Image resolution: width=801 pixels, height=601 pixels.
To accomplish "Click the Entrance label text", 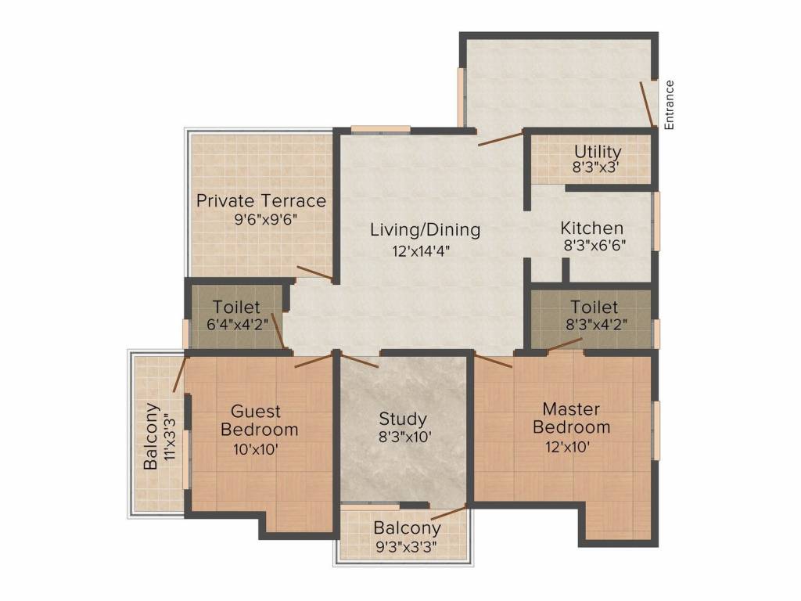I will (669, 105).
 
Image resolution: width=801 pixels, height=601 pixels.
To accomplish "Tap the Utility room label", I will (598, 151).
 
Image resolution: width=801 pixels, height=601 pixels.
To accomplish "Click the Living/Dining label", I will (425, 230).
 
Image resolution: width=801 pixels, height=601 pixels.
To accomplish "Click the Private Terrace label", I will (261, 200).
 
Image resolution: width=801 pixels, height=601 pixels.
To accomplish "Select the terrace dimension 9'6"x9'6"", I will (261, 220).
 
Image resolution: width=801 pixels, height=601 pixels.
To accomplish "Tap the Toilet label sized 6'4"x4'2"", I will (236, 308).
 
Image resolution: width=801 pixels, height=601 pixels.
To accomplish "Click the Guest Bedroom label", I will (260, 420).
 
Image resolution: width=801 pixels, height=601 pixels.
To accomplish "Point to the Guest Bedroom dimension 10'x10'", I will (256, 449).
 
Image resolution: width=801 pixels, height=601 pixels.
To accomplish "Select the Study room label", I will (403, 419).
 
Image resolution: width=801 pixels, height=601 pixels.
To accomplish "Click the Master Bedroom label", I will (571, 418).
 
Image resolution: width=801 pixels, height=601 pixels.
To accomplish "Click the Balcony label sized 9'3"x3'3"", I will (407, 527).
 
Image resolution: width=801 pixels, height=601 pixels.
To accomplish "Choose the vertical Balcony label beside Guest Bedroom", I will (152, 436).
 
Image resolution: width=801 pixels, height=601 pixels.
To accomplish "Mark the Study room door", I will (359, 361).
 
